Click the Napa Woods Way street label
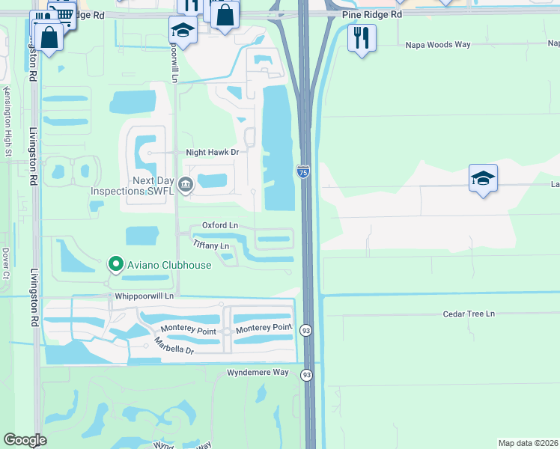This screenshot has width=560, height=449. tap(437, 45)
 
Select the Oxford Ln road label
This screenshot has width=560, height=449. tap(219, 225)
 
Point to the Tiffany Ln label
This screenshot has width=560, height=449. tap(210, 245)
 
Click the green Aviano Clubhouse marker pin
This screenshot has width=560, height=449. tap(115, 264)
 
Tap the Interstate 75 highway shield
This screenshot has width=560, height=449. tap(303, 171)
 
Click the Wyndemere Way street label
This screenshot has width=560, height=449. tap(258, 372)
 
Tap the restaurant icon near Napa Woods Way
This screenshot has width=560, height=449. tap(362, 37)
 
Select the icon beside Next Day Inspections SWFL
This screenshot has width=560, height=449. tap(185, 183)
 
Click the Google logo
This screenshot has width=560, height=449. tap(25, 440)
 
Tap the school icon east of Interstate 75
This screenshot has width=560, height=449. tap(483, 178)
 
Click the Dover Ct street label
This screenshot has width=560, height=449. tap(5, 263)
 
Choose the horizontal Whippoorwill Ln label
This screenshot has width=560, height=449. tap(142, 296)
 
